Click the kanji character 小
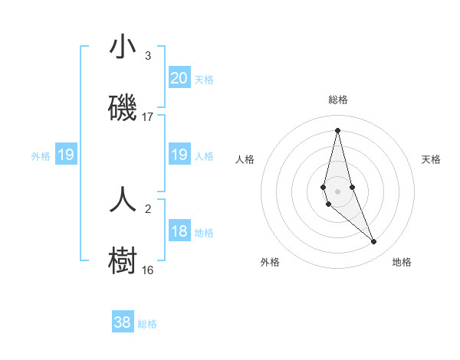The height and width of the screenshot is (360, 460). tap(123, 48)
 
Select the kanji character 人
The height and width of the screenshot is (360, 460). tap(123, 199)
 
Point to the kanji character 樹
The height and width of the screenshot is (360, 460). tap(123, 260)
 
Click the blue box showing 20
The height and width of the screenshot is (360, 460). tap(179, 78)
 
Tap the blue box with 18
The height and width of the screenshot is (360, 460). tap(179, 231)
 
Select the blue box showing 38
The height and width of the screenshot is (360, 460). tap(123, 322)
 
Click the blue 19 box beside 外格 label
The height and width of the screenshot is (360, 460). tap(66, 155)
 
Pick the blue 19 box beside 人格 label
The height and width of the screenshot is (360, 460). tap(179, 155)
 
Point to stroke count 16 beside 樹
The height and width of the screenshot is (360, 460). tap(148, 270)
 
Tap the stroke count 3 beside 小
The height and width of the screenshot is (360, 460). tap(148, 56)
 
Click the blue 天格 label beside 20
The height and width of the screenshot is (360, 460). tap(204, 79)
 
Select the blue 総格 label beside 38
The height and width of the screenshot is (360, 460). tap(147, 323)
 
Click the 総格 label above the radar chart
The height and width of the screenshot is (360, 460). tap(338, 100)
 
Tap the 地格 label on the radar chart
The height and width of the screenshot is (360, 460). tap(402, 262)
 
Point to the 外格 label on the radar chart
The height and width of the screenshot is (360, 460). tap(270, 262)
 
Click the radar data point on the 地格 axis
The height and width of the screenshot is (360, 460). tap(374, 242)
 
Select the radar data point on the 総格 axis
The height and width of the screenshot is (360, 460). tap(337, 130)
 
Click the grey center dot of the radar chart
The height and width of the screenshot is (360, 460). tap(337, 191)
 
